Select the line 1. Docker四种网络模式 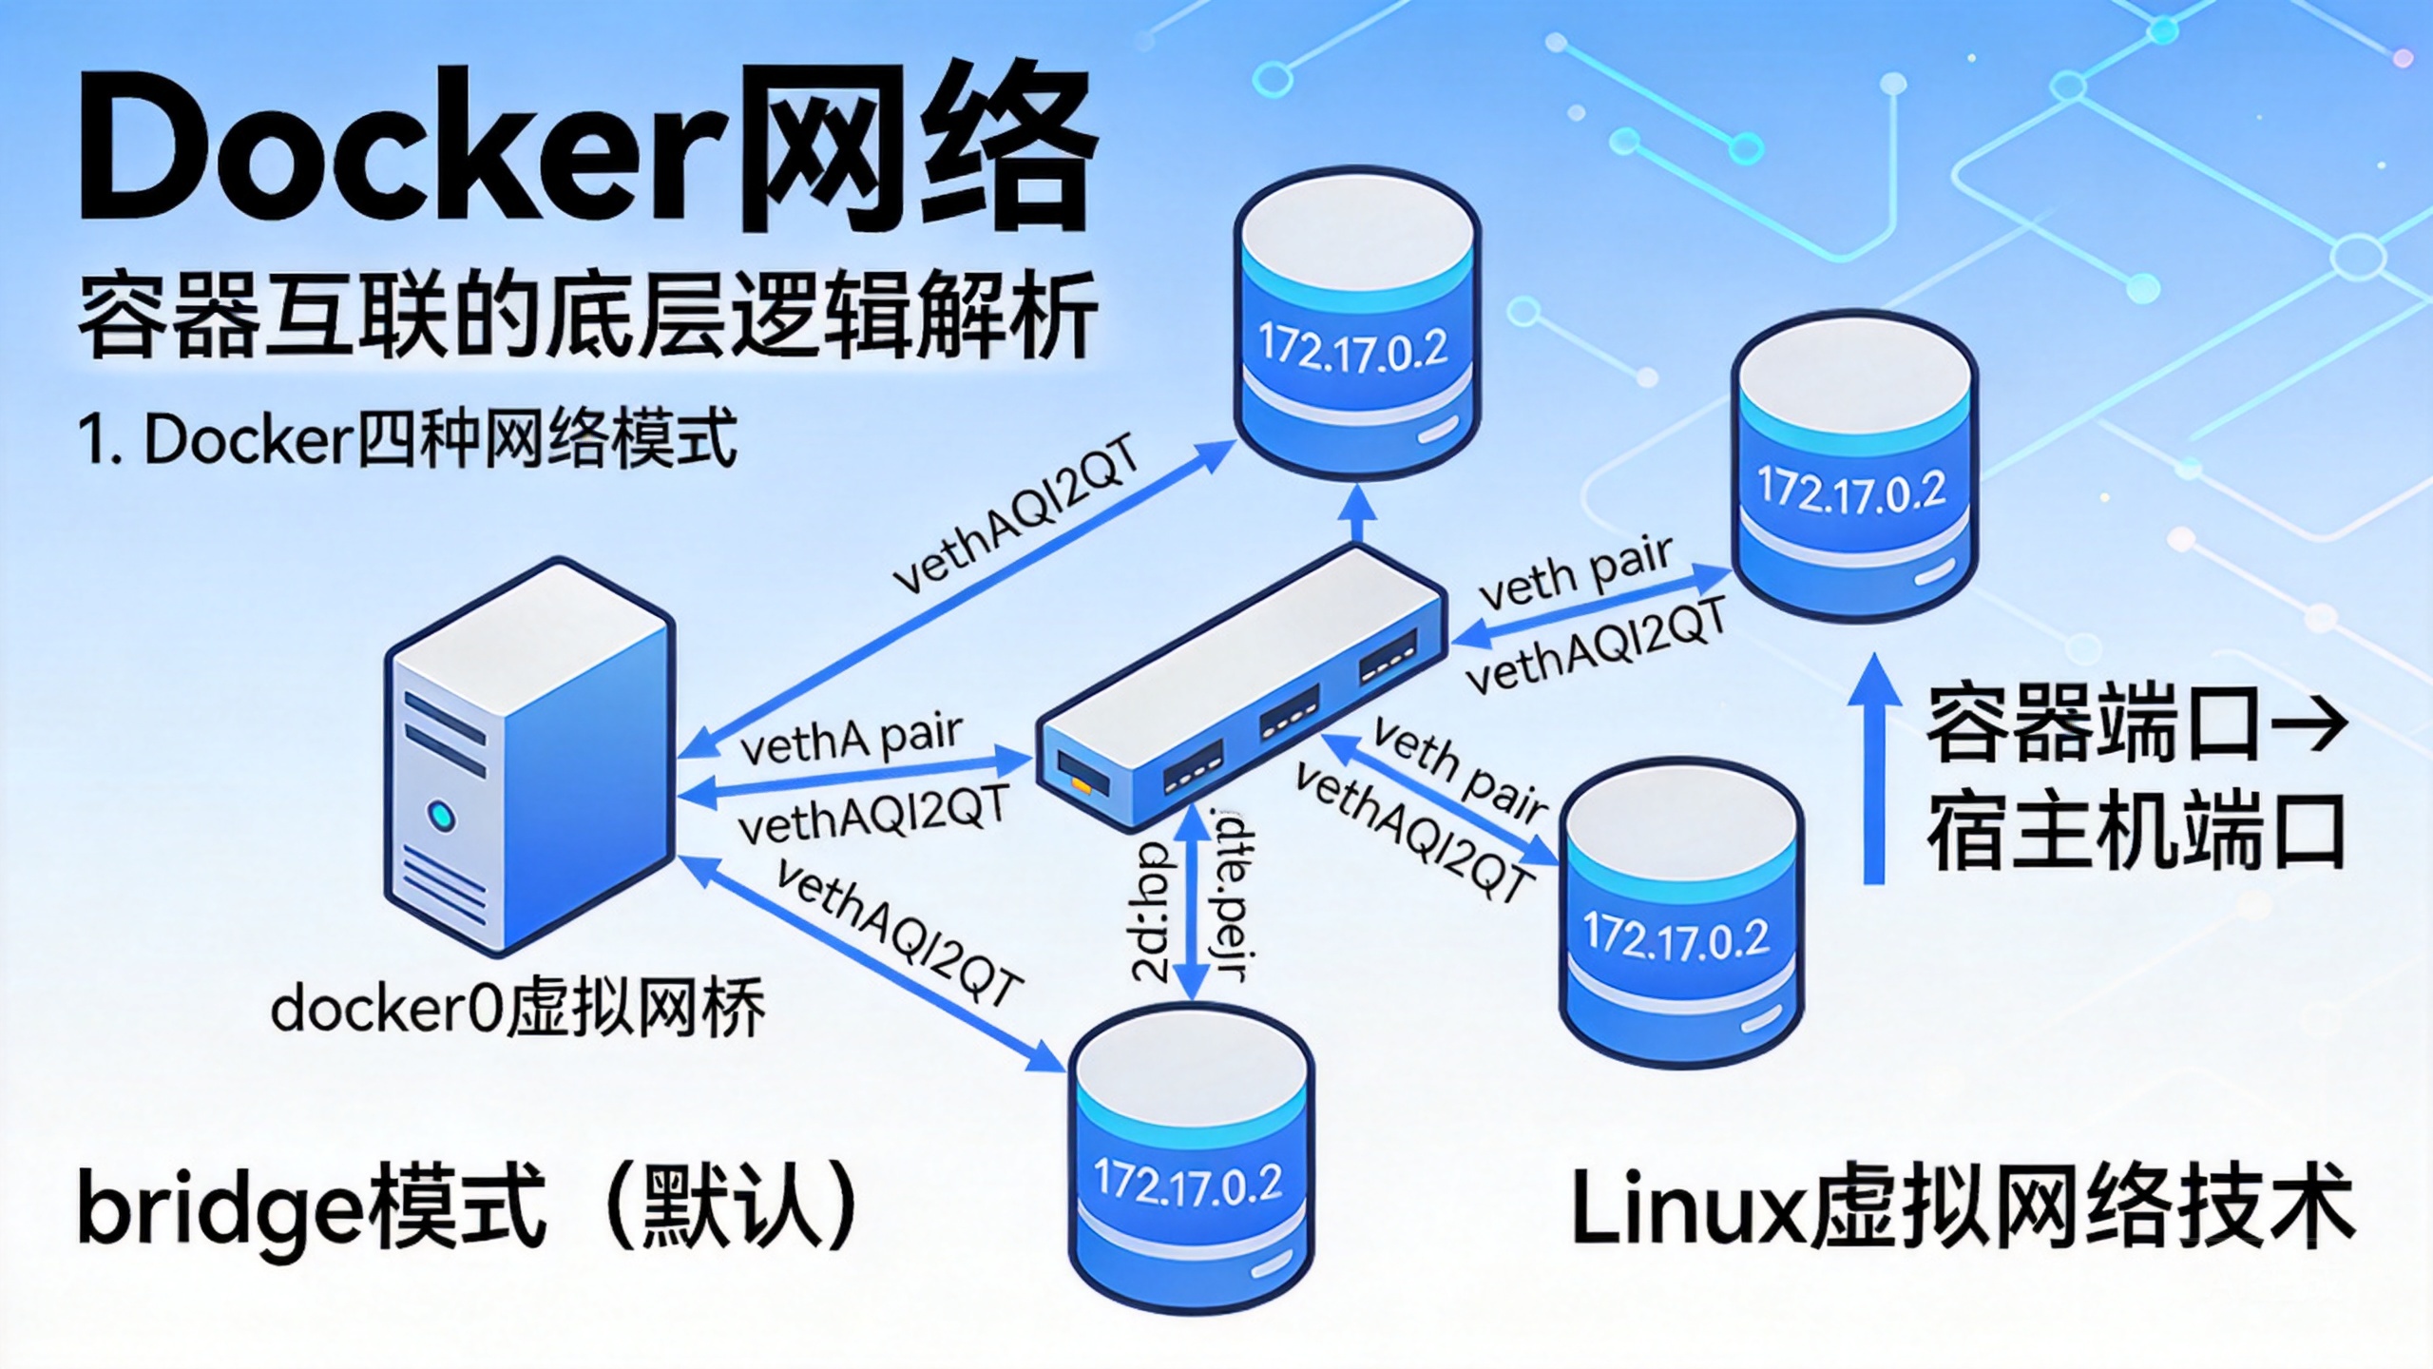pos(409,439)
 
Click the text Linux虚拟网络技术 pos(1963,1209)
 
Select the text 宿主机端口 pos(2134,834)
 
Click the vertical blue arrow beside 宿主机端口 pos(1873,770)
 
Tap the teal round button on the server pos(442,816)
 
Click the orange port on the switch pos(1082,782)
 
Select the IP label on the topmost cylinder pos(1352,347)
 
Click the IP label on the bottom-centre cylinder pos(1188,1182)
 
